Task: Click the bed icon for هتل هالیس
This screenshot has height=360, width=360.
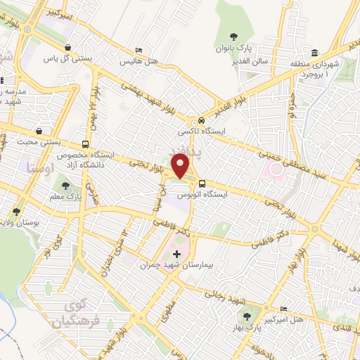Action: [139, 51]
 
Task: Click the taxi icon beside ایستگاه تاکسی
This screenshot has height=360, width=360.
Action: [202, 120]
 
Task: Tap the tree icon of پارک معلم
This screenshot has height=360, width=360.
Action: [66, 186]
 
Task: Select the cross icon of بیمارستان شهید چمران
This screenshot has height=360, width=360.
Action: [176, 253]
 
